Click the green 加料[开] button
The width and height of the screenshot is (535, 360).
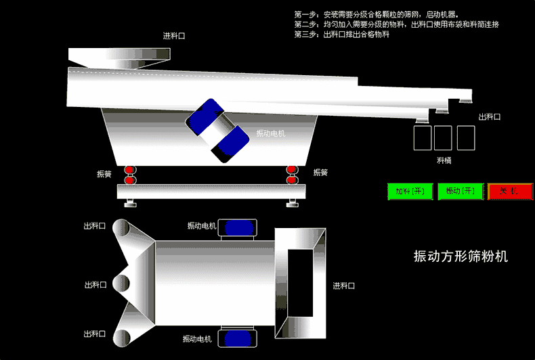coord(410,192)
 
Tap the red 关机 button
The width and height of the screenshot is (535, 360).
coord(510,192)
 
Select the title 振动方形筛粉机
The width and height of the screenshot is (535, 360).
coord(461,256)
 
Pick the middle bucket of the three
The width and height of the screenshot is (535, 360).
coord(443,138)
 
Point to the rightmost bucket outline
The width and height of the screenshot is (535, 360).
coord(466,138)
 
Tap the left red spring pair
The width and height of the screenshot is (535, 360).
coord(129,175)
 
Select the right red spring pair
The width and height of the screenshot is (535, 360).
coord(292,175)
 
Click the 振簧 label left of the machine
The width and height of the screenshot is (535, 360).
coord(104,174)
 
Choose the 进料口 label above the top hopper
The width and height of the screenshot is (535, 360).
coord(174,36)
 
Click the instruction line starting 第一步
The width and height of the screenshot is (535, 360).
coord(377,14)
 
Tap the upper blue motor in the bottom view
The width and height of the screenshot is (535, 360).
coord(238,227)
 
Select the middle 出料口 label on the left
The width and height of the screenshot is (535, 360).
coord(95,285)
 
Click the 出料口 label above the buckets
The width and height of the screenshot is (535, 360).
coord(489,117)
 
